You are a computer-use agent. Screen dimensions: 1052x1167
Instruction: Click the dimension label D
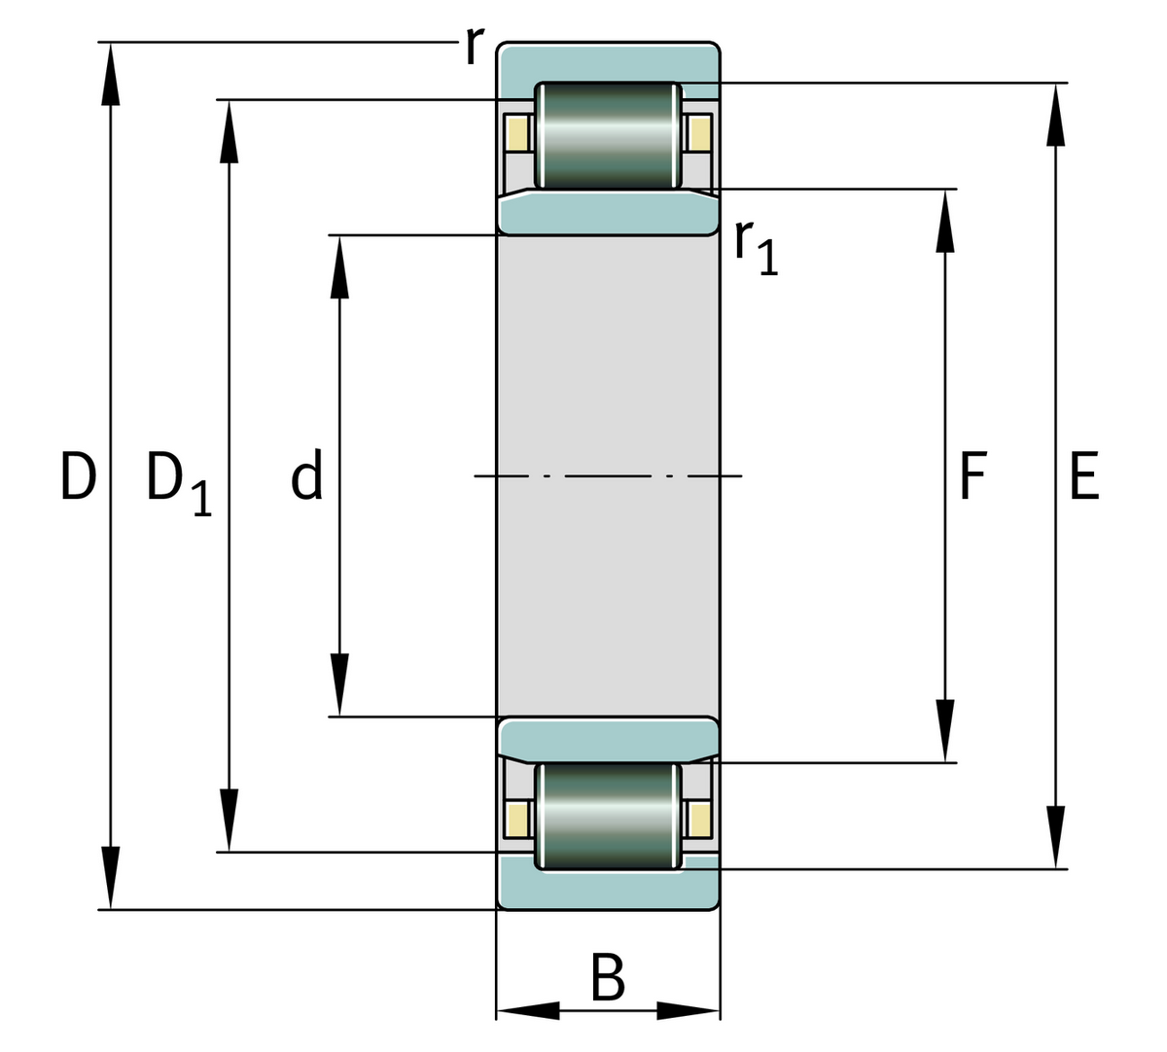click(78, 476)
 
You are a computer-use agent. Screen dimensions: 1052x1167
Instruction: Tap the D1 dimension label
click(177, 482)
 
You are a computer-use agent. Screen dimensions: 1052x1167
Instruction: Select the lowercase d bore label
click(306, 477)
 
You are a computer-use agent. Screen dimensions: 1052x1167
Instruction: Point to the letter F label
click(972, 476)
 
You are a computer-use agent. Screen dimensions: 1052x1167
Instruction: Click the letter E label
click(1083, 476)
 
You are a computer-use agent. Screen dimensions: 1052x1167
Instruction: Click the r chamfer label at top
click(473, 45)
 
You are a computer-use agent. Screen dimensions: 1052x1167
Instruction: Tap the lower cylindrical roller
click(609, 815)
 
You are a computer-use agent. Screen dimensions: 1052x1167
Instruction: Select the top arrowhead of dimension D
click(111, 73)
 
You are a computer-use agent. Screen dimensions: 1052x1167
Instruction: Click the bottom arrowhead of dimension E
click(1056, 836)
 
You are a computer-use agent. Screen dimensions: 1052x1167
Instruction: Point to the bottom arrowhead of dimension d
click(338, 684)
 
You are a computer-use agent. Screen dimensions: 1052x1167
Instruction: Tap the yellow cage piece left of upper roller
click(517, 132)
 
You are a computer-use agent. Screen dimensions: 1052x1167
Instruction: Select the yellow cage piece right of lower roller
click(698, 819)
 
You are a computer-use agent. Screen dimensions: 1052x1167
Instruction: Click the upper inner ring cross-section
click(609, 213)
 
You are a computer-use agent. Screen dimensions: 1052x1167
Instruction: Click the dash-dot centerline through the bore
click(609, 475)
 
